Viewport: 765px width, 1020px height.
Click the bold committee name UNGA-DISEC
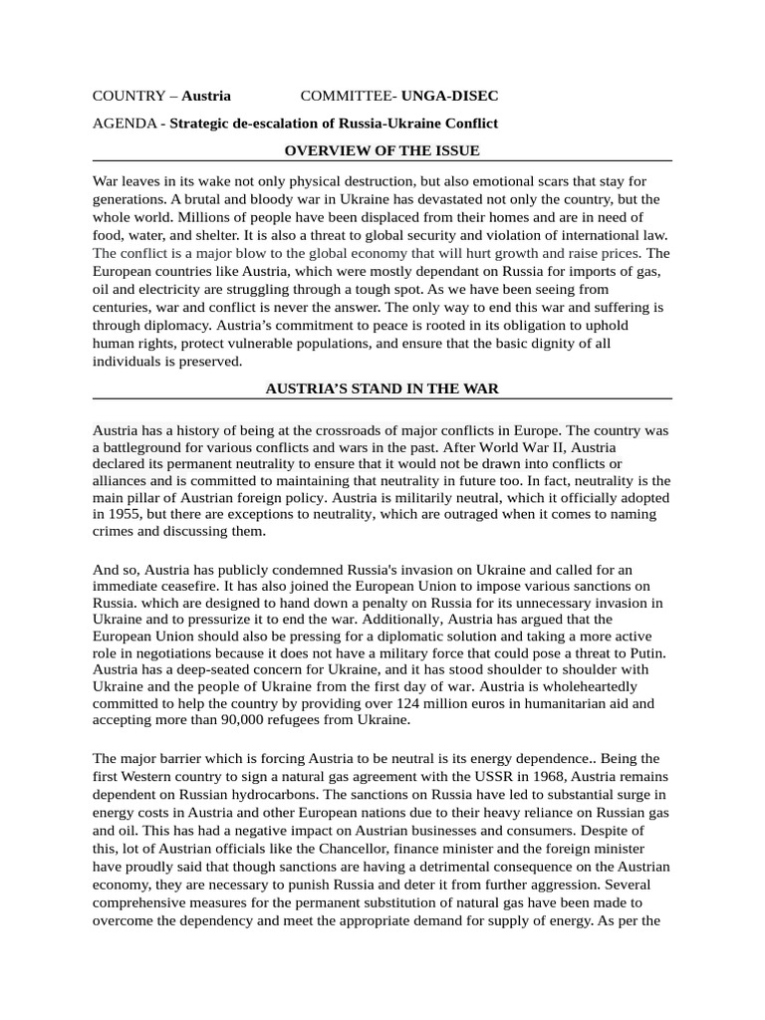click(x=449, y=96)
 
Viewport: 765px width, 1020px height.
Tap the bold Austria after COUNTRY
click(x=206, y=96)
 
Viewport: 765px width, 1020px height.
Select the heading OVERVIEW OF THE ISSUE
click(x=382, y=151)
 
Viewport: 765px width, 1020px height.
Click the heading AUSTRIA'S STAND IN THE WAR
click(x=382, y=388)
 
